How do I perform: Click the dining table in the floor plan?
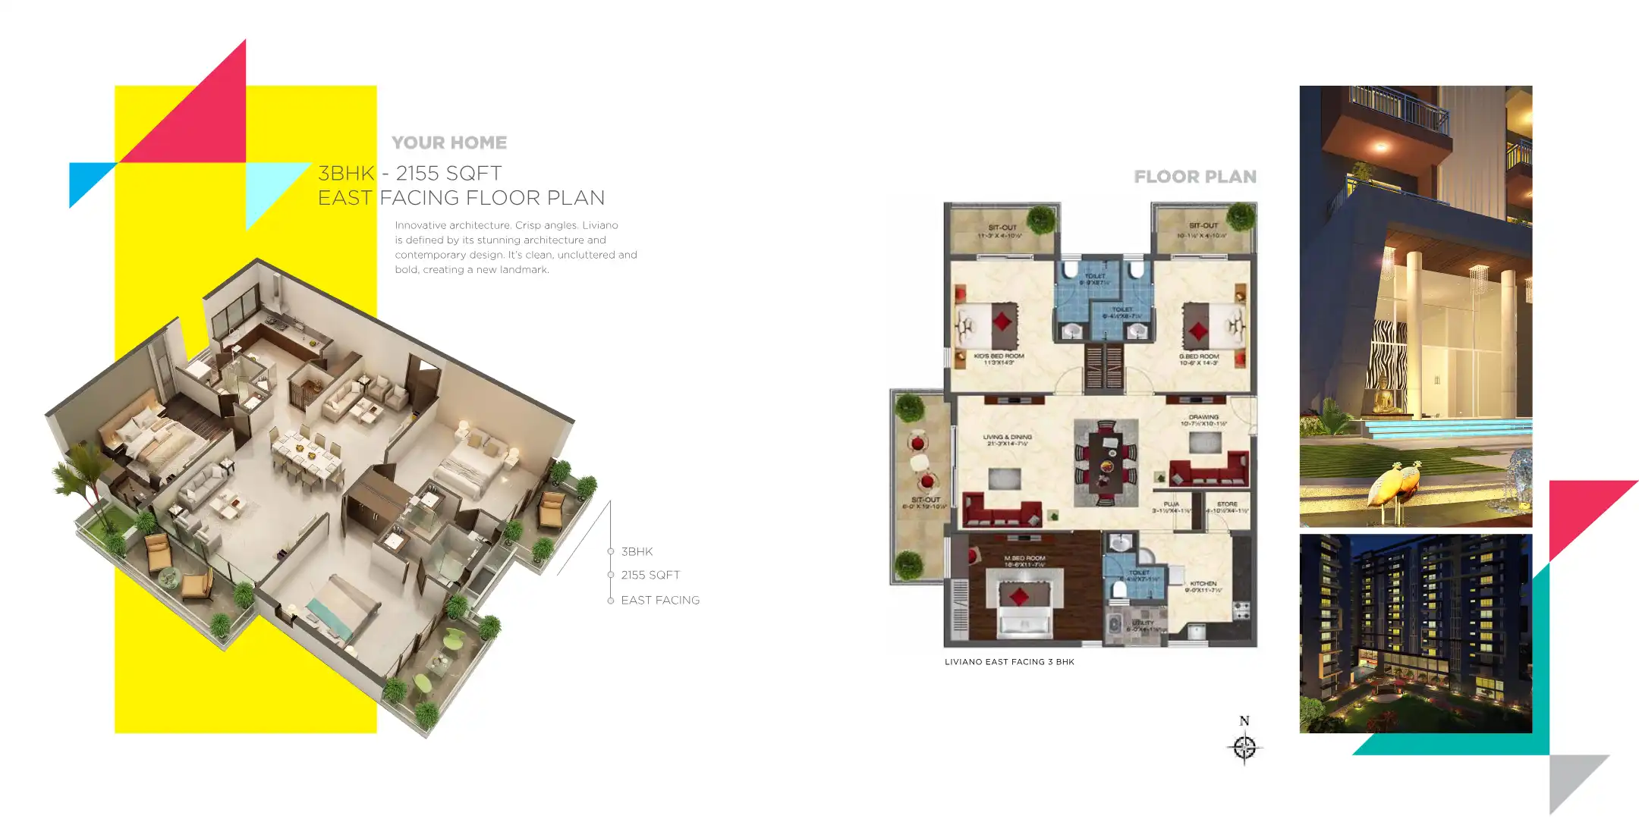pyautogui.click(x=1106, y=463)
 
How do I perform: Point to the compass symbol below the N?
pyautogui.click(x=1244, y=748)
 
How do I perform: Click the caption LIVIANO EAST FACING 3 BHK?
pyautogui.click(x=1009, y=662)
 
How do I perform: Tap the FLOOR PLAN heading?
pyautogui.click(x=1195, y=177)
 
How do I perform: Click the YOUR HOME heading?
pyautogui.click(x=449, y=143)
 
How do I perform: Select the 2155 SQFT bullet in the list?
pyautogui.click(x=650, y=576)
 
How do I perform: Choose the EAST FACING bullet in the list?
pyautogui.click(x=660, y=601)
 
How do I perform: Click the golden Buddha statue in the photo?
pyautogui.click(x=1386, y=396)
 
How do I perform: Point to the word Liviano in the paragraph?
pyautogui.click(x=599, y=225)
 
